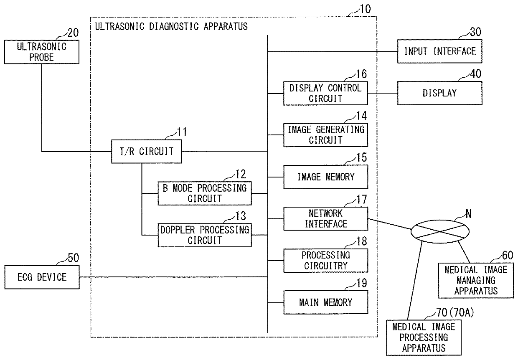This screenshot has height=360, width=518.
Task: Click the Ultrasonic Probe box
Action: (42, 52)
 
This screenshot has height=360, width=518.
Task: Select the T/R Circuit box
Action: (146, 152)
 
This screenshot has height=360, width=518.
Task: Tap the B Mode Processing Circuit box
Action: (205, 193)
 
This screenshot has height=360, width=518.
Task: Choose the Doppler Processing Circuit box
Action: (205, 235)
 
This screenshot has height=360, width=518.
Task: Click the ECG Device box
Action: (42, 277)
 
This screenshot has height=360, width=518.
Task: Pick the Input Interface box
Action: (439, 51)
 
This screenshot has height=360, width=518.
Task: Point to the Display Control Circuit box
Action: (325, 93)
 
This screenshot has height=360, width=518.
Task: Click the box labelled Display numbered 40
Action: (439, 93)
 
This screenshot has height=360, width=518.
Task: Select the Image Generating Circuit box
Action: (325, 135)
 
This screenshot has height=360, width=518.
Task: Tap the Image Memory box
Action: (325, 177)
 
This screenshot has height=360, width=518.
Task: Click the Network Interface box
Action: (325, 219)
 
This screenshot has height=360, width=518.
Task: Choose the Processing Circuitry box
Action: (325, 261)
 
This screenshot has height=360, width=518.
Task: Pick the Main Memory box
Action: (325, 302)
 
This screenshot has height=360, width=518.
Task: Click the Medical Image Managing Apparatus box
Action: (476, 281)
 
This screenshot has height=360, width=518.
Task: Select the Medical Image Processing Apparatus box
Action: (424, 337)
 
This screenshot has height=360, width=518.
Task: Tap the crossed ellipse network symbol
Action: (440, 231)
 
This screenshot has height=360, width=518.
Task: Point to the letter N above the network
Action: (468, 214)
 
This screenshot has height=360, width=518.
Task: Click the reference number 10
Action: (366, 9)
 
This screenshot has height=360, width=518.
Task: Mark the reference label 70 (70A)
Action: (455, 313)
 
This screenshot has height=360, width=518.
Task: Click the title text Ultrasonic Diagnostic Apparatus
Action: (171, 26)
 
